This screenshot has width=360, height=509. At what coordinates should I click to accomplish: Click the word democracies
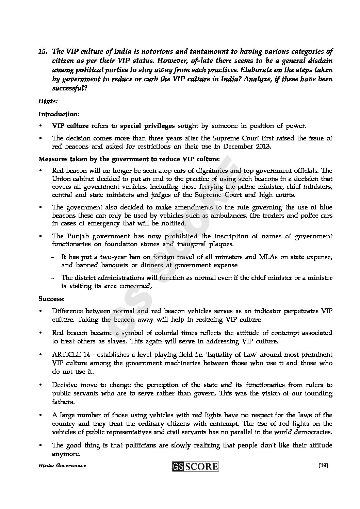point(313,432)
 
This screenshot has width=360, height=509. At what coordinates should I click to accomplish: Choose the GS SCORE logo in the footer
point(195,466)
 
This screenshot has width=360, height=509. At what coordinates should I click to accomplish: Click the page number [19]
point(323,465)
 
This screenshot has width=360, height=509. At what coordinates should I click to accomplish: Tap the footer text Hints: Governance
point(62,465)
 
